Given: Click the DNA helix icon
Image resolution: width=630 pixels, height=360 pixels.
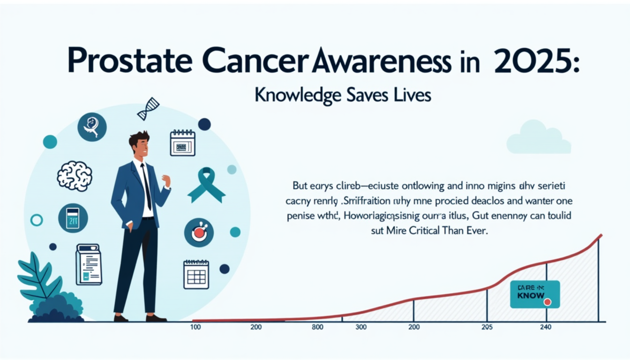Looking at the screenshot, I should click(x=148, y=109).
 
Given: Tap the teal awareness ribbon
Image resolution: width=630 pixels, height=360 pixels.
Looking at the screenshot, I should click(x=206, y=185).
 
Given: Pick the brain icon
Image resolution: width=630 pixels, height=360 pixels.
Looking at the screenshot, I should click(x=75, y=176).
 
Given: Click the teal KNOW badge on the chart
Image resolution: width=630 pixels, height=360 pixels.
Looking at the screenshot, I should click(x=534, y=294).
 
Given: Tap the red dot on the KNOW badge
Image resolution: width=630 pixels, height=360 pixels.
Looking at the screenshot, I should click(x=547, y=302).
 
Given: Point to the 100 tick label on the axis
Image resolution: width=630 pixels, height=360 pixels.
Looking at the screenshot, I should click(x=196, y=327).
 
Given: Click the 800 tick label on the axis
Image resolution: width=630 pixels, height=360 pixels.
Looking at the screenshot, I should click(x=317, y=327).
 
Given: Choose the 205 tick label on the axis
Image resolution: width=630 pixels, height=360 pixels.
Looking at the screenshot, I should click(x=487, y=327).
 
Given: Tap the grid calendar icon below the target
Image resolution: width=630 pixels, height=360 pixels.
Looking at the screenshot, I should click(x=196, y=274).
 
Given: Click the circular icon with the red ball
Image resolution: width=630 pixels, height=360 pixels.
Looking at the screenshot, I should click(x=199, y=232).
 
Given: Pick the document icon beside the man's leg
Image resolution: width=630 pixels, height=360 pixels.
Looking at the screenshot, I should click(x=89, y=264).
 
